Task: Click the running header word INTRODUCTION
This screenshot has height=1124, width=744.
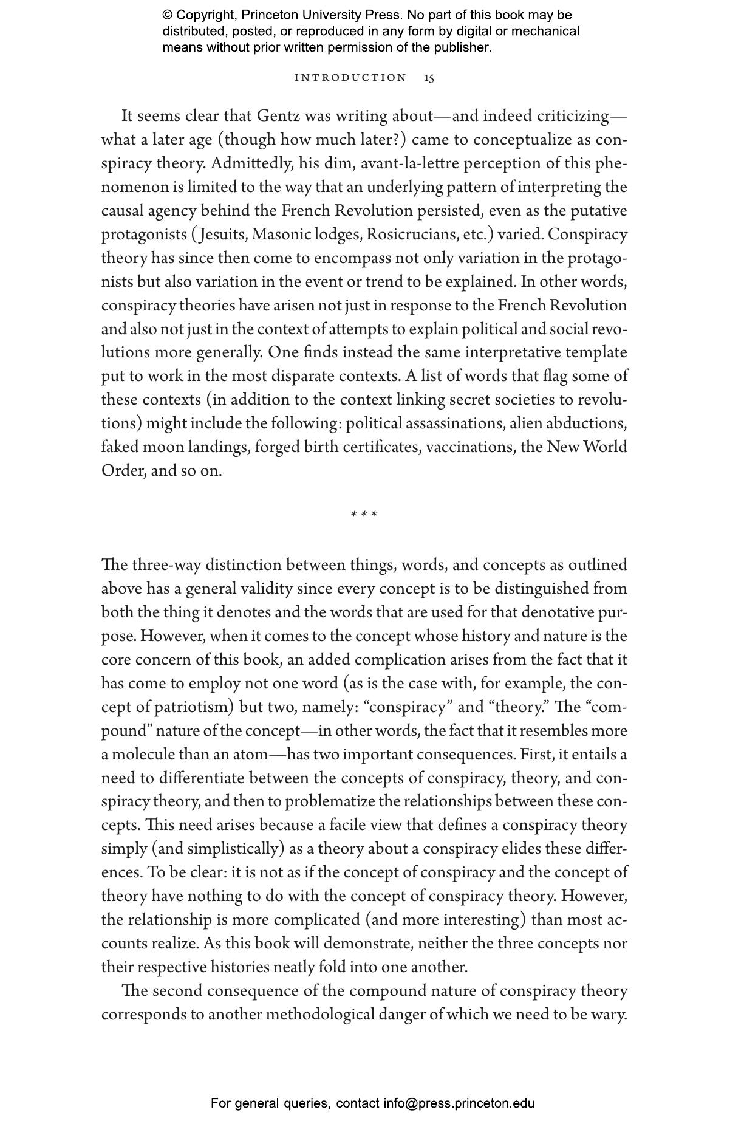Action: coord(350,78)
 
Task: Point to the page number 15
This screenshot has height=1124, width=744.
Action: coord(429,78)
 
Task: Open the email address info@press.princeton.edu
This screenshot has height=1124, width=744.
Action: coord(459,1103)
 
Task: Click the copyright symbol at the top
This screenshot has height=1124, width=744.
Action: coord(167,15)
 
